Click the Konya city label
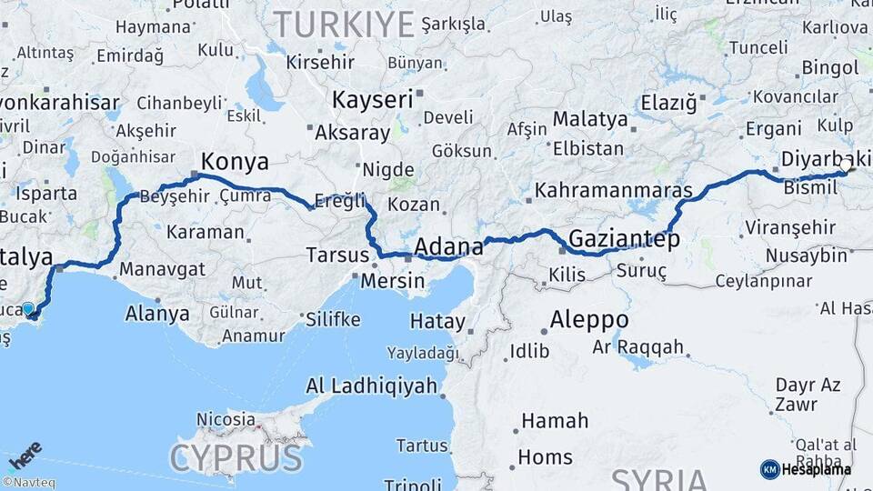(235, 162)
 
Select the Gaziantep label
(624, 240)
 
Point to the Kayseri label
(372, 99)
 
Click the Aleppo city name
(588, 320)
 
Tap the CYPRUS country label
(236, 456)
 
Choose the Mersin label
(392, 281)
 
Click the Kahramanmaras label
(614, 192)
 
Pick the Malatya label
(590, 119)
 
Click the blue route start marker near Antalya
(28, 310)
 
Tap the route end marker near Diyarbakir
(848, 166)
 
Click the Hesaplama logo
(806, 469)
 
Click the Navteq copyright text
(28, 483)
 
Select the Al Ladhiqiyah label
(371, 386)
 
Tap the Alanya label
(158, 315)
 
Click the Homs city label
(545, 457)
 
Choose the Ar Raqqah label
(637, 346)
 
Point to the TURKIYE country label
(344, 23)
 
